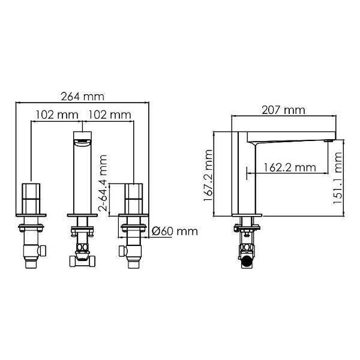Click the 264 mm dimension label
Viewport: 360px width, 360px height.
[x=82, y=97]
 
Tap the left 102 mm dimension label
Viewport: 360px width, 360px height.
[x=57, y=115]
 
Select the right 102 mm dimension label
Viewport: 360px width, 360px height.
[x=110, y=115]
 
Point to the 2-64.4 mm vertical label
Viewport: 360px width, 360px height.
[x=103, y=183]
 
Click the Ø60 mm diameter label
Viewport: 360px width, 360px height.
[x=175, y=232]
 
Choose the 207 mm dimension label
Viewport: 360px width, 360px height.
[x=283, y=110]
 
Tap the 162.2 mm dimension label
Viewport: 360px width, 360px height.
[x=289, y=167]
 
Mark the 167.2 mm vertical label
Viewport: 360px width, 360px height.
[x=208, y=175]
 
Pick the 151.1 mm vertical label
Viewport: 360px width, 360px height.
[x=337, y=178]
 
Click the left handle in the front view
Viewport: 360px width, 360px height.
[x=31, y=199]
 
